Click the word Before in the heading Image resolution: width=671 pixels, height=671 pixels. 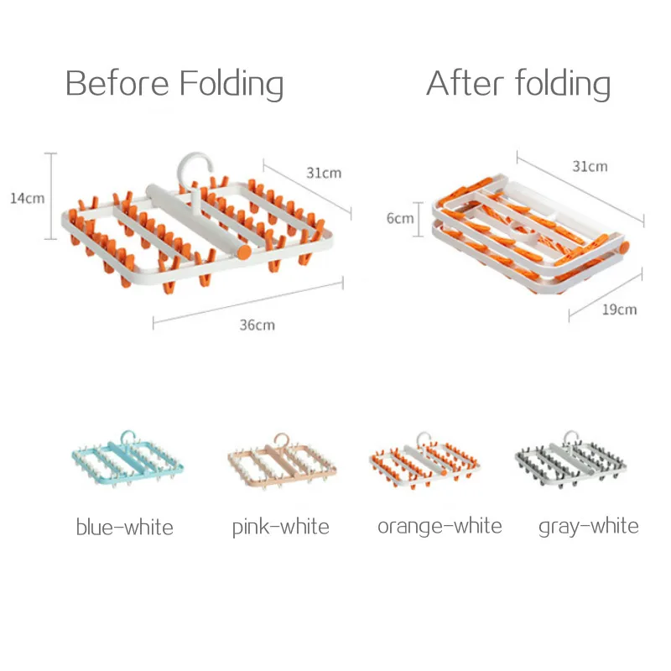[117, 82]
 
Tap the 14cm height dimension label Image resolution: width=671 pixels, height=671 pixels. [28, 198]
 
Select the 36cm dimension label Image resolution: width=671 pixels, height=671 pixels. [257, 325]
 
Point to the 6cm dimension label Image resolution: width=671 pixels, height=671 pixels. [400, 218]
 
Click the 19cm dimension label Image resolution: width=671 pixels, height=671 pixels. [619, 309]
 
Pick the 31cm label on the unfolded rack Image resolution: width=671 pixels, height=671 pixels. [324, 173]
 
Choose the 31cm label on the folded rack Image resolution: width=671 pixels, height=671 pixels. [590, 166]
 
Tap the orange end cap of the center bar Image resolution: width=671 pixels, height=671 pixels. [244, 252]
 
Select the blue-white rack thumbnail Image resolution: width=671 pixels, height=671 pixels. [127, 459]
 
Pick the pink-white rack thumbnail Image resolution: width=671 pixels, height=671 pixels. [282, 461]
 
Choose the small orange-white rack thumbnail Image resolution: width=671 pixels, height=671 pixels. [424, 460]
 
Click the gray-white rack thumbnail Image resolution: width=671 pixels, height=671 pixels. [570, 459]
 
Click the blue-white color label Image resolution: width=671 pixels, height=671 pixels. [124, 527]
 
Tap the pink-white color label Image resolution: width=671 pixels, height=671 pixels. [281, 528]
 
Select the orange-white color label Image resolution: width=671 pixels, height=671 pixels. [440, 527]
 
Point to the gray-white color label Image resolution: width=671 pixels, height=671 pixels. [589, 527]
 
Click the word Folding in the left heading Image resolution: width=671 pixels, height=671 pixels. [231, 85]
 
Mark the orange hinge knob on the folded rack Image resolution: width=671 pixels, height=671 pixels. [624, 247]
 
